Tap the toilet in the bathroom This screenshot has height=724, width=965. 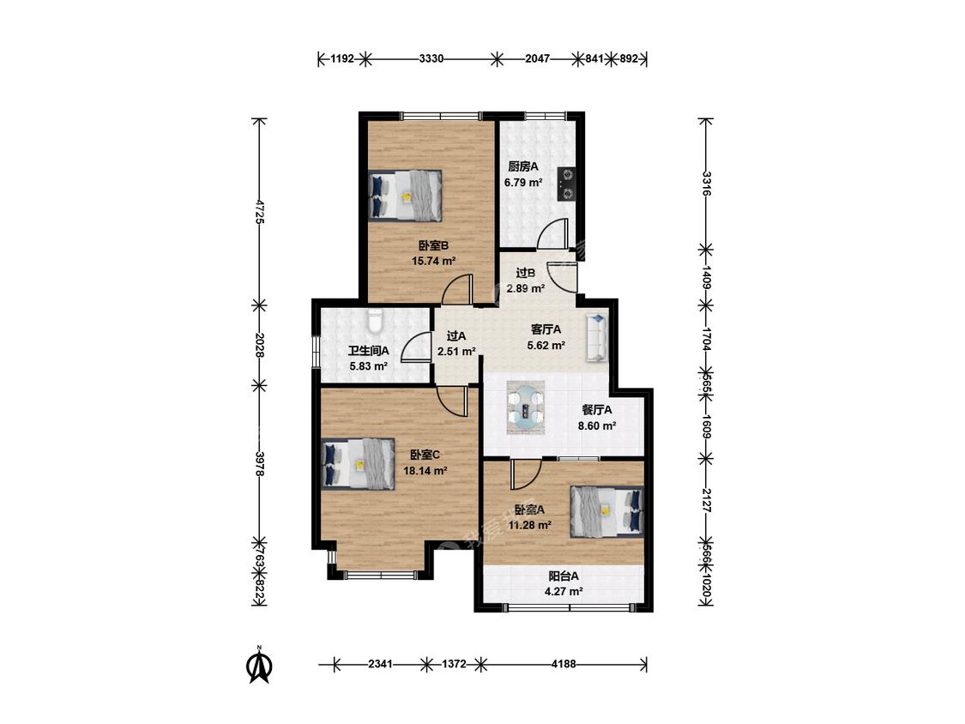[375, 319]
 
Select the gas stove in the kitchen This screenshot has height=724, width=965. [566, 184]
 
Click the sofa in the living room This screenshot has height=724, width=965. [597, 337]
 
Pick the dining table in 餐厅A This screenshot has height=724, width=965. [526, 408]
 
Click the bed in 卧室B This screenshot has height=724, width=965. [406, 196]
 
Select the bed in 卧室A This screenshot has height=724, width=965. [606, 511]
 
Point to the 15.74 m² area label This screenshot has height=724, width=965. [433, 261]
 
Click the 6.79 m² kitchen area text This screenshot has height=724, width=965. [523, 183]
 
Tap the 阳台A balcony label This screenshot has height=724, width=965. [564, 576]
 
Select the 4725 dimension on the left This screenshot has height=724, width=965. [260, 211]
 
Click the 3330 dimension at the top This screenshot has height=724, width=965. [431, 59]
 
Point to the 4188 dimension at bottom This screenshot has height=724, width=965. [564, 664]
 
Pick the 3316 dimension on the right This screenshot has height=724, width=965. [706, 184]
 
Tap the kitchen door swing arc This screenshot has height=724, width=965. [552, 234]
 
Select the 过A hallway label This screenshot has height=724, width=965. [456, 336]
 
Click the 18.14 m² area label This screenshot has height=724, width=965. [425, 471]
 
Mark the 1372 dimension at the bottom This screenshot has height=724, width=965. [454, 664]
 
